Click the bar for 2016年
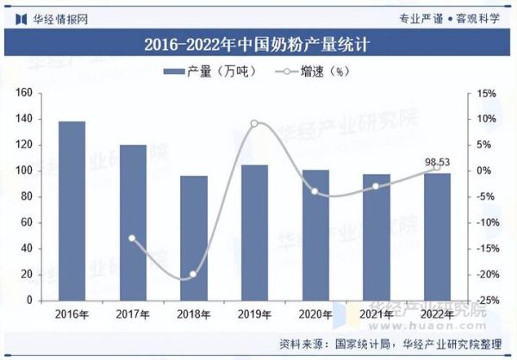click(72, 211)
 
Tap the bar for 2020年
click(315, 235)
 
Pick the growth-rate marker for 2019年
click(254, 123)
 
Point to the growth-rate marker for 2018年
click(193, 274)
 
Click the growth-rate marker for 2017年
click(132, 238)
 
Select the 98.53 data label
click(438, 161)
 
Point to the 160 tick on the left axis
click(24, 93)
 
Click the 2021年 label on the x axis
click(376, 313)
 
